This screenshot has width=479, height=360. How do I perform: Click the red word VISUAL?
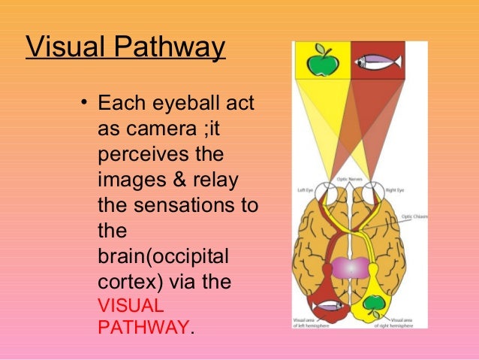tap(132, 307)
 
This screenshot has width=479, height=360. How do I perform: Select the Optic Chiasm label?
tap(411, 216)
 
